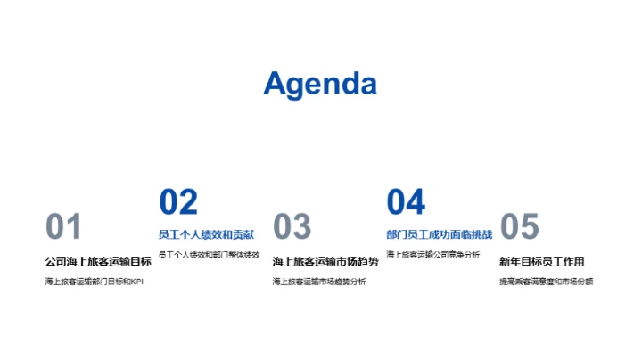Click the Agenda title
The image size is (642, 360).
coord(320,83)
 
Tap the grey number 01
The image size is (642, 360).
coord(63,227)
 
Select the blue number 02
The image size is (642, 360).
coord(178,202)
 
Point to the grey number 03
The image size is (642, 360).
coord(292,227)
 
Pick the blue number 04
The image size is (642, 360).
coord(406,202)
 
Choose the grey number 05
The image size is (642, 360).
coord(520,227)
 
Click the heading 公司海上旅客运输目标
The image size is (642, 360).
coord(98,261)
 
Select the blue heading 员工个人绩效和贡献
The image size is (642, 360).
coord(206,234)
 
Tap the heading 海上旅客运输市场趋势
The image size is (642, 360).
coord(325,261)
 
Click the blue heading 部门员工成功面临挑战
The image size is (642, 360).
coord(440,234)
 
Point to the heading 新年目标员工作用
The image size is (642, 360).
coord(541,261)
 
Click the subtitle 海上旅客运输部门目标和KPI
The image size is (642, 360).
coord(94,282)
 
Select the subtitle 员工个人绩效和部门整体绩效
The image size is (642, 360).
coord(209,255)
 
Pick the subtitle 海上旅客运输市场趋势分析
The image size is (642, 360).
coord(319,282)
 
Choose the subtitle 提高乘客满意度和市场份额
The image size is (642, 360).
coord(546,282)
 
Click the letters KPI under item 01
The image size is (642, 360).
coord(136,282)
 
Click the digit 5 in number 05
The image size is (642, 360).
coord(530,227)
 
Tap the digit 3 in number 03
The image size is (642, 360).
coord(301,227)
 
